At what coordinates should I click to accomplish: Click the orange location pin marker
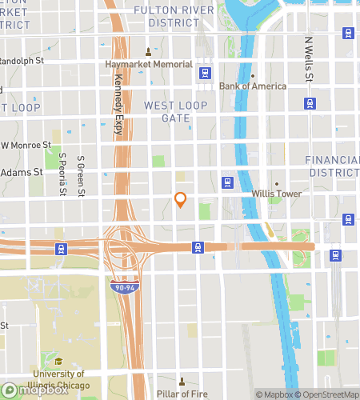181,199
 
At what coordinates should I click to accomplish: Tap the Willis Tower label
275,194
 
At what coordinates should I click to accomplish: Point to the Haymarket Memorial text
149,65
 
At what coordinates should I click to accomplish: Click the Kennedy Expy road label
119,105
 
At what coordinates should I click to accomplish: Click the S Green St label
81,174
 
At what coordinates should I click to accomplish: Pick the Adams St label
22,172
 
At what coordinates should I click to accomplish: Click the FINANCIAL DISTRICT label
333,166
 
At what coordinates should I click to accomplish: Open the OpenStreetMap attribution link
328,394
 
